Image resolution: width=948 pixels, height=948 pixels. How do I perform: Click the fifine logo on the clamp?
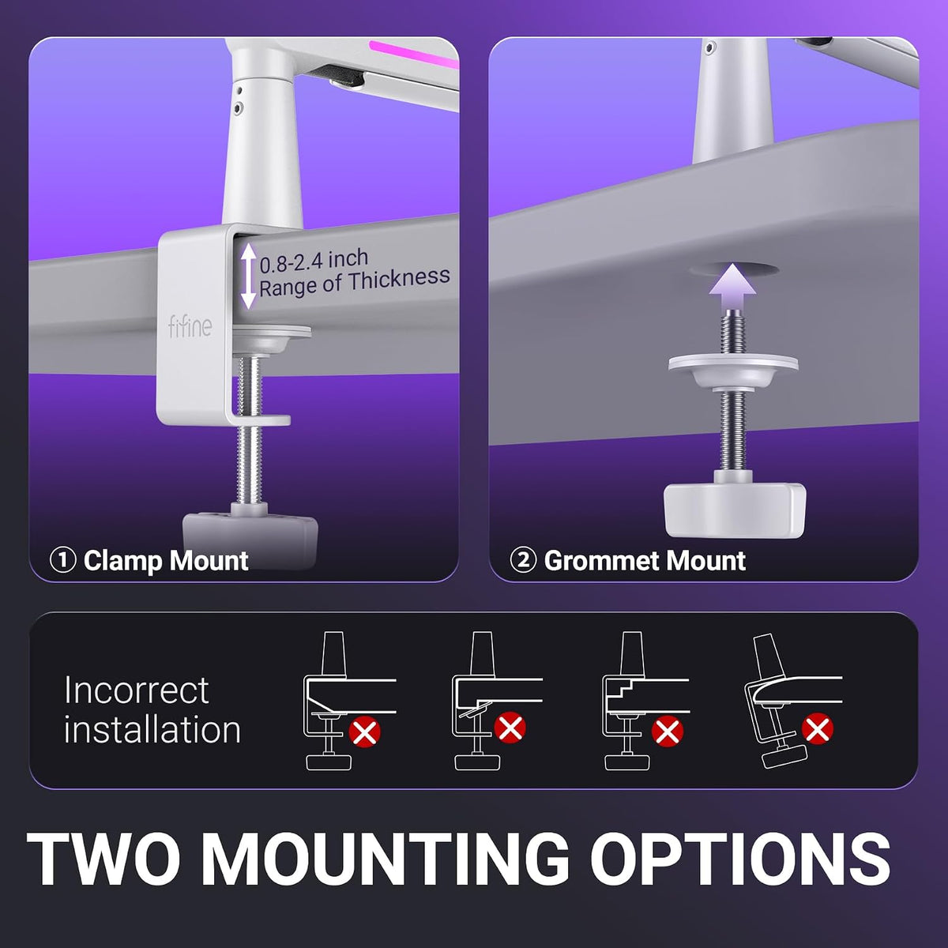pyautogui.click(x=190, y=326)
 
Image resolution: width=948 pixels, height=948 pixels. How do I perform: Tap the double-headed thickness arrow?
pyautogui.click(x=248, y=276)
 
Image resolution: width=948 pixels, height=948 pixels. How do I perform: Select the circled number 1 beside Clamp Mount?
pyautogui.click(x=63, y=560)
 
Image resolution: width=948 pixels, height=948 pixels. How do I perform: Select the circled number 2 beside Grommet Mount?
pyautogui.click(x=523, y=560)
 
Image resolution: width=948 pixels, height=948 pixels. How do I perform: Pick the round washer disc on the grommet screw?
pyautogui.click(x=733, y=365)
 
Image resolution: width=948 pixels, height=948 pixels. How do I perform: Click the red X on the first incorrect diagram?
pyautogui.click(x=364, y=732)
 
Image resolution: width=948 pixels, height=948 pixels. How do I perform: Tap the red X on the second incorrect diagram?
pyautogui.click(x=510, y=727)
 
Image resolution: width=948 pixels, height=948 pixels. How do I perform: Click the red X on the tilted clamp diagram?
pyautogui.click(x=818, y=728)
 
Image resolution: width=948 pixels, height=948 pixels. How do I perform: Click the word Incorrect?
pyautogui.click(x=137, y=690)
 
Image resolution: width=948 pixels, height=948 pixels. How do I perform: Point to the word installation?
pyautogui.click(x=152, y=729)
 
